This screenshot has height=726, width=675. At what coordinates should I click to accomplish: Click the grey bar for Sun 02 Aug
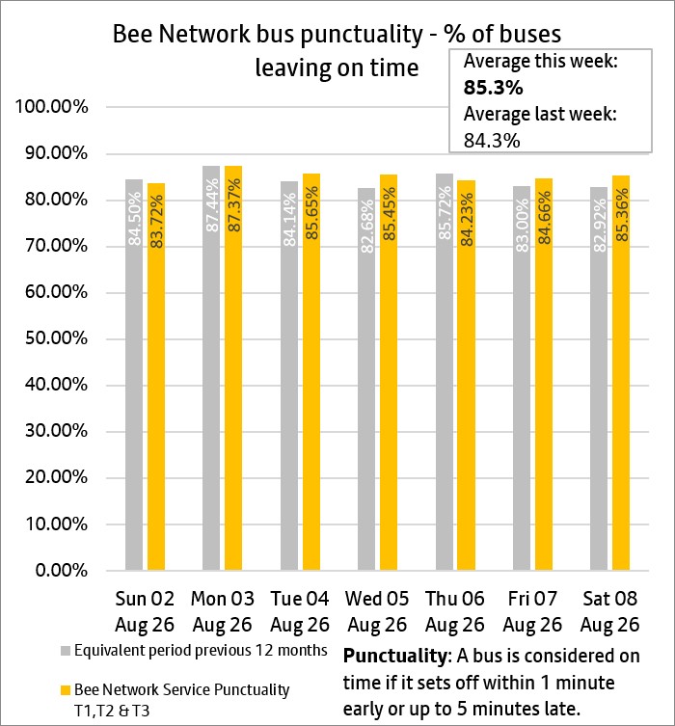(134, 375)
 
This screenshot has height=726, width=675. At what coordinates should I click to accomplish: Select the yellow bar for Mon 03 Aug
(233, 367)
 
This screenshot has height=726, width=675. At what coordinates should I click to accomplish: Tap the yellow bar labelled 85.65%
(311, 372)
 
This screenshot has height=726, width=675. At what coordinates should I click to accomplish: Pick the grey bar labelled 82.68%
(366, 379)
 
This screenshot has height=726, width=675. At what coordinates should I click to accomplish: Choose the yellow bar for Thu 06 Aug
(466, 375)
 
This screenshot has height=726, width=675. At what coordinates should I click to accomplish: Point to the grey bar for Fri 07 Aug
(522, 378)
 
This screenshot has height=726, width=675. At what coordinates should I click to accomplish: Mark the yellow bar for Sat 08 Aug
(621, 373)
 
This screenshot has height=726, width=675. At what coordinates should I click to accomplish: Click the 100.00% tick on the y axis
(51, 107)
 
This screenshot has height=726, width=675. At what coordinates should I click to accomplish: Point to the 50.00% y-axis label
(56, 338)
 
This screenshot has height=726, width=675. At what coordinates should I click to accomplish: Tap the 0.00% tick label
(61, 571)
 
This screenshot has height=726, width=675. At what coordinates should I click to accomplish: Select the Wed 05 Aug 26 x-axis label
(377, 611)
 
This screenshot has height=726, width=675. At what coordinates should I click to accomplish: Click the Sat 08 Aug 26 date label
(609, 611)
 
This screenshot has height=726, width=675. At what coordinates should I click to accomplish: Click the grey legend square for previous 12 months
(66, 651)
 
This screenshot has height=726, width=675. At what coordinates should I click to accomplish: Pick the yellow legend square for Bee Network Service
(66, 690)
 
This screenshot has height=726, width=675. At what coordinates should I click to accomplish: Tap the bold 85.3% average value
(493, 88)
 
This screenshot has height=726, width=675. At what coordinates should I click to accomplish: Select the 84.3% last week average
(492, 141)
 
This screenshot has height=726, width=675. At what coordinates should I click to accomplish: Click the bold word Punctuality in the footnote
(394, 656)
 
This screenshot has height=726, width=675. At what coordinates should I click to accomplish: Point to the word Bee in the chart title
(133, 35)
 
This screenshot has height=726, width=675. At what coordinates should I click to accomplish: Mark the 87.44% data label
(211, 205)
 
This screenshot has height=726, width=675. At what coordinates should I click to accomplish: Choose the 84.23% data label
(467, 220)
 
